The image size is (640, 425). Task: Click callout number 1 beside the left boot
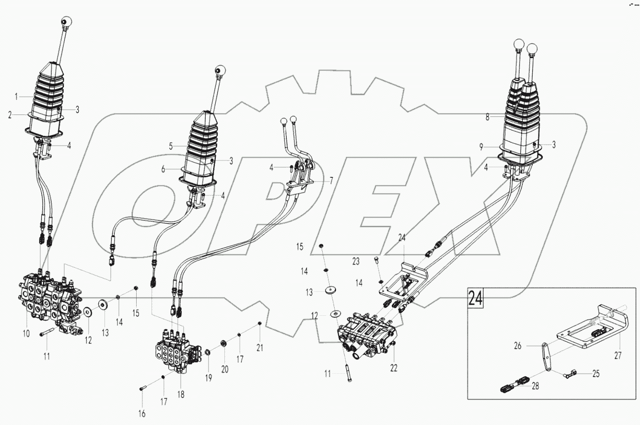(x=16, y=96)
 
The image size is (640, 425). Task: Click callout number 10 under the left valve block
(x=26, y=333)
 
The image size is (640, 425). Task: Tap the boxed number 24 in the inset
(x=475, y=299)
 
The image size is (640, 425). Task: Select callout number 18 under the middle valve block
(x=181, y=394)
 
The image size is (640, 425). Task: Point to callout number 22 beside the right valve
(x=394, y=368)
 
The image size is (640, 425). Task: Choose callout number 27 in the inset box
(x=617, y=342)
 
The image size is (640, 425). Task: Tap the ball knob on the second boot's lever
(x=220, y=70)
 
